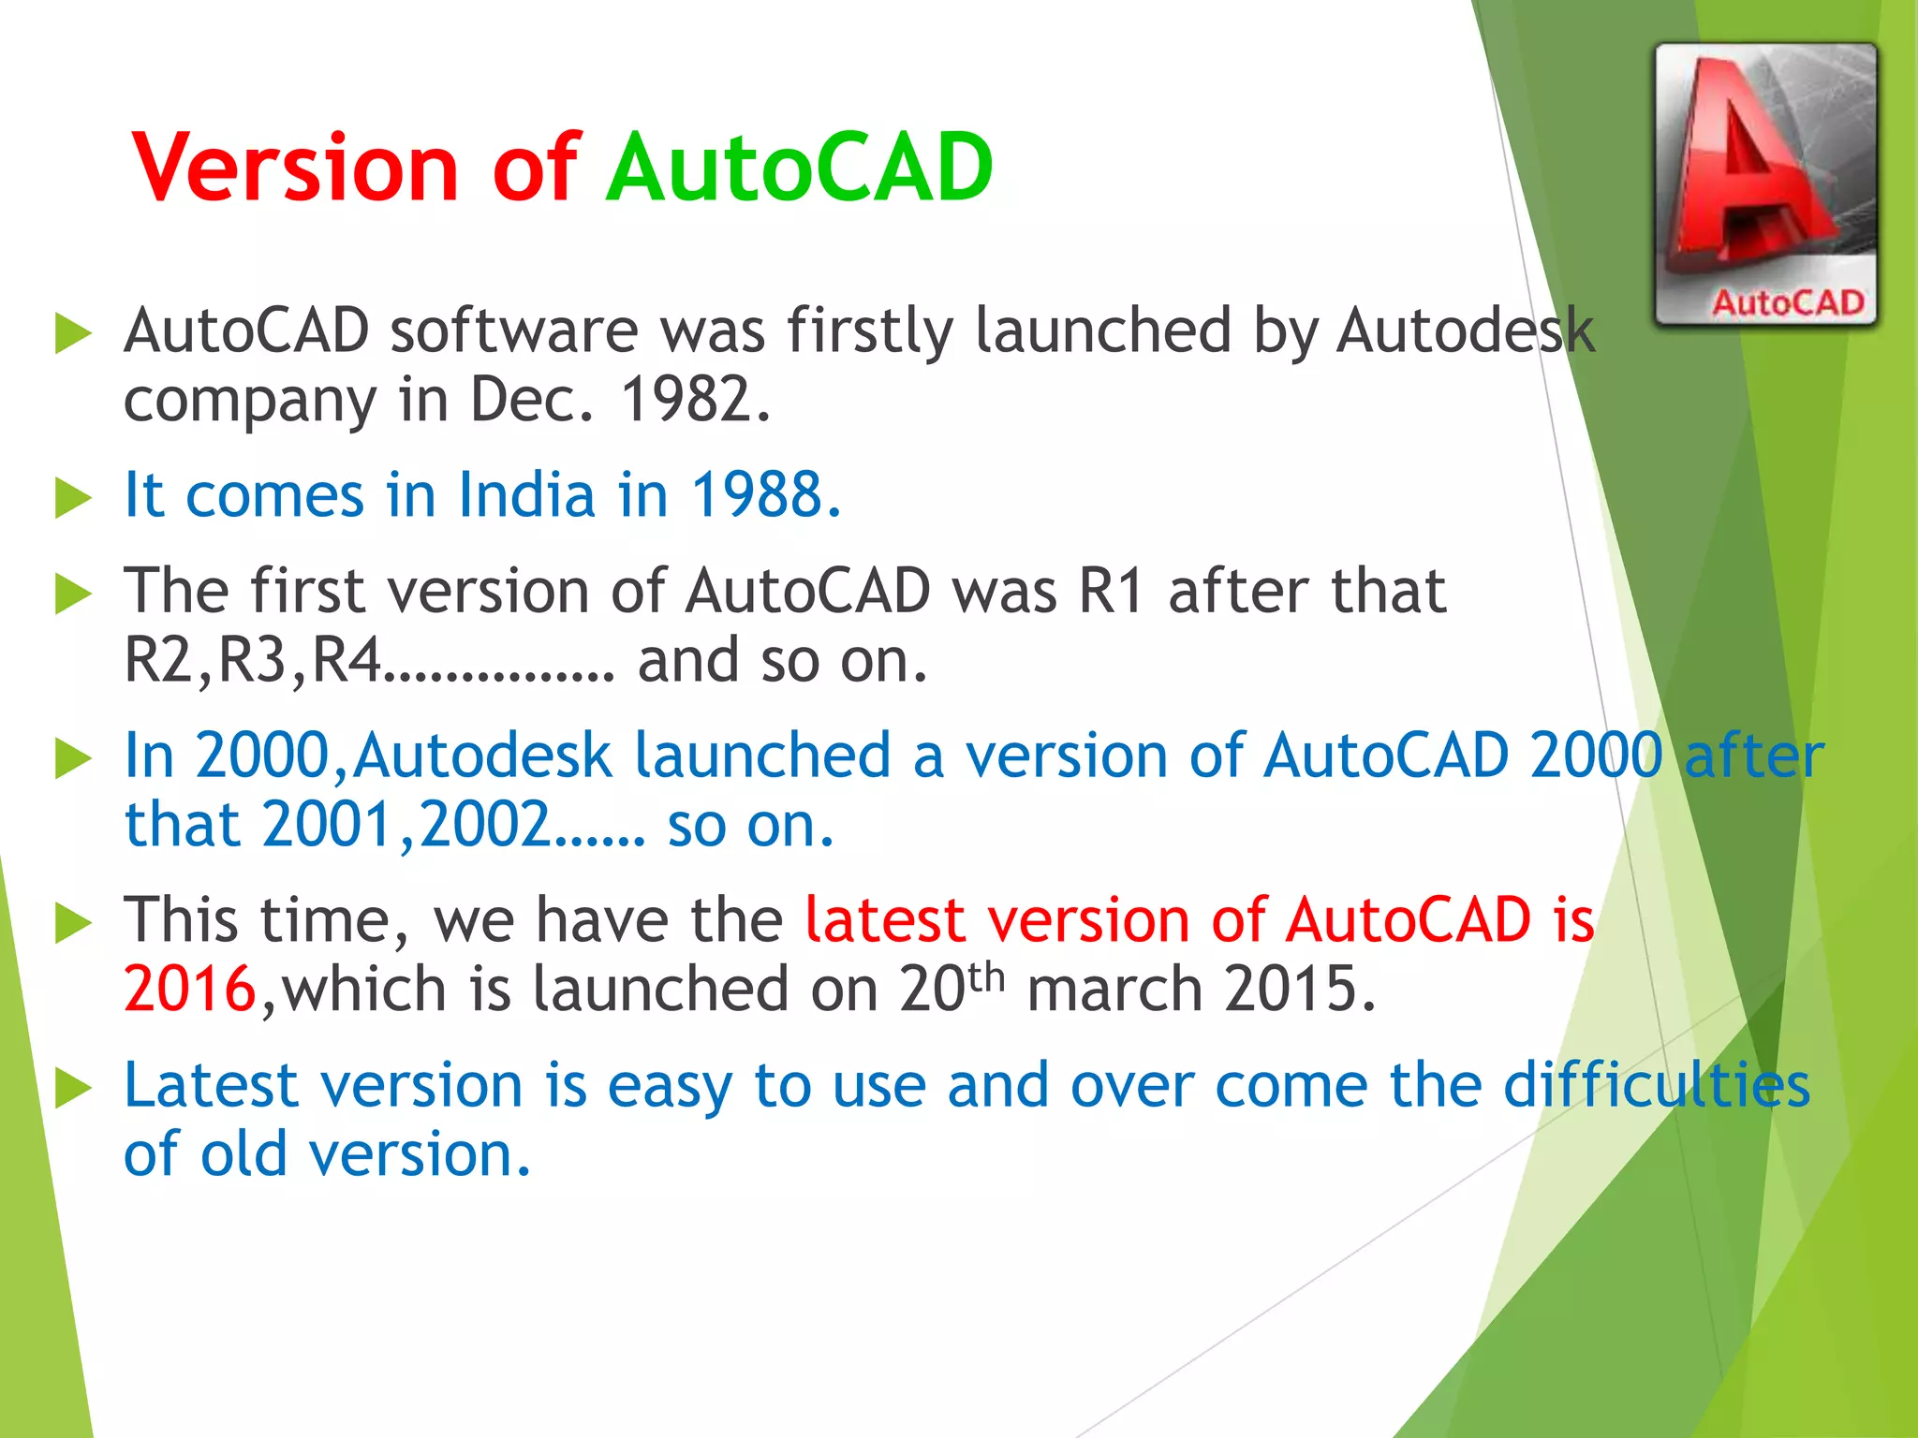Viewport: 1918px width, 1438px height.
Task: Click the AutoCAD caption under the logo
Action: point(1787,302)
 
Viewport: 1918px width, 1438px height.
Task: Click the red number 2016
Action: point(190,990)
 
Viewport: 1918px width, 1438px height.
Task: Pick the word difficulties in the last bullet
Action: point(1656,1086)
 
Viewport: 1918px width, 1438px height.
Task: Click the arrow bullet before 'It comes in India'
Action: point(74,497)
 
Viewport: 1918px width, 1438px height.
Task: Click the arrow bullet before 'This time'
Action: point(74,923)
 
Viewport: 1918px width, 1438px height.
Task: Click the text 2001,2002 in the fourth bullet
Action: point(406,826)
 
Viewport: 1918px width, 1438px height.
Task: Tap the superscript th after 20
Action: point(986,977)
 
